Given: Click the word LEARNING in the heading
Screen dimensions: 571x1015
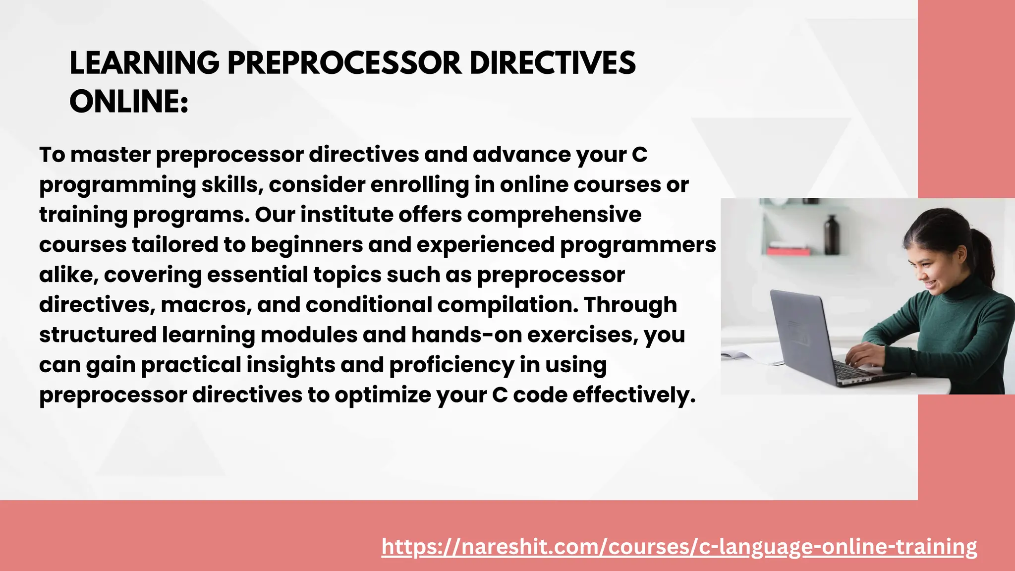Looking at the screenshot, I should click(144, 63).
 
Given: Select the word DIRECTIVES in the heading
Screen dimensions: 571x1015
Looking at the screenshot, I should click(552, 63).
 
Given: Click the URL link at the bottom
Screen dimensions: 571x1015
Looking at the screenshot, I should click(679, 547).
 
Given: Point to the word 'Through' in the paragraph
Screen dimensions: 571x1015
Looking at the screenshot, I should click(630, 304).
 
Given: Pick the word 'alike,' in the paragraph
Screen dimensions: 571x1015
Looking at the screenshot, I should click(69, 275).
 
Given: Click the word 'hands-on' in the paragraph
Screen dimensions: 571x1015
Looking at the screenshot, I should click(466, 335).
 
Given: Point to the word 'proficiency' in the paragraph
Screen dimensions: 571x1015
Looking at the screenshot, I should click(451, 365).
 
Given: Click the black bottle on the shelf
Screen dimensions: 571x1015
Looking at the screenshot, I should click(831, 235).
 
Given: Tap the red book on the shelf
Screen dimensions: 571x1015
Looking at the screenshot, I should click(788, 251).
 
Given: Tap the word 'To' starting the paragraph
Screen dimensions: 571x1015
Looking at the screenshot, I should click(52, 155).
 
